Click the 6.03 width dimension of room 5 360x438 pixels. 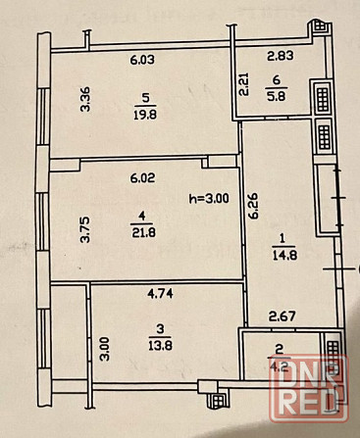pos(142,60)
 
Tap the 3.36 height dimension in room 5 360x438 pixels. pos(85,99)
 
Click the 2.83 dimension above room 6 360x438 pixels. pos(281,56)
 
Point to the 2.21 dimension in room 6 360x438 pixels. pos(244,84)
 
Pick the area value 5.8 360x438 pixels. pos(277,97)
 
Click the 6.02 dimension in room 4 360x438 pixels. pos(142,178)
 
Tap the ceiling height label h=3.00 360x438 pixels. pos(209,198)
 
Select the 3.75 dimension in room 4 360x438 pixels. pos(85,230)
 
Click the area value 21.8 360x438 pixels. pos(144,232)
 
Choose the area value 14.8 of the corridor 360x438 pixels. pos(284,255)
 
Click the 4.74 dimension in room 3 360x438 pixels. pos(160,294)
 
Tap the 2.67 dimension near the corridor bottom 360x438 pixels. pos(283,316)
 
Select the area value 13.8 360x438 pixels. pos(160,345)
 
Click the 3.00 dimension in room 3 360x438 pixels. pos(104,349)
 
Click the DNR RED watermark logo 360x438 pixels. pos(309,388)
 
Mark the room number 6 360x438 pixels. pos(277,80)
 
